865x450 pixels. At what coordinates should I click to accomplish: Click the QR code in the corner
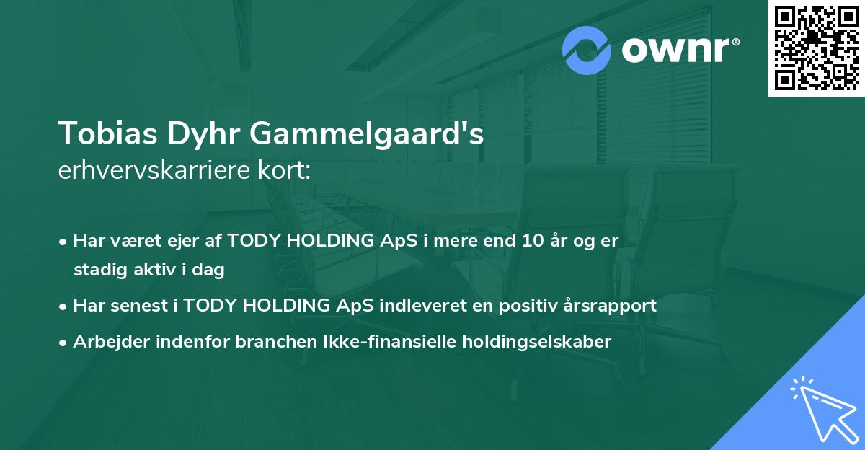pos(817,48)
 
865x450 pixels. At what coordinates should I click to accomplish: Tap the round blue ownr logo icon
pos(587,50)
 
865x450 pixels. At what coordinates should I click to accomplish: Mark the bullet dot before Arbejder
pos(64,342)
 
